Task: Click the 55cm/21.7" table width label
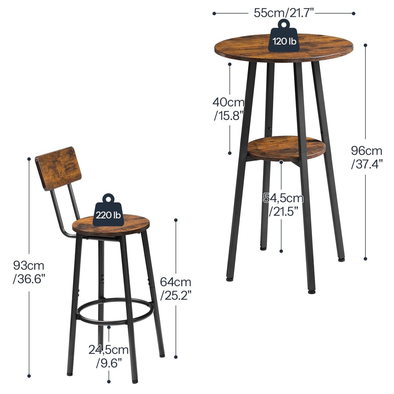pyautogui.click(x=284, y=13)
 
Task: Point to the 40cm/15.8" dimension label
pyautogui.click(x=229, y=109)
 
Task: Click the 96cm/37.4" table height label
pyautogui.click(x=367, y=157)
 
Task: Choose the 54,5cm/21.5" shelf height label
pyautogui.click(x=283, y=204)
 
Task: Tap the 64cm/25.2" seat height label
pyautogui.click(x=176, y=289)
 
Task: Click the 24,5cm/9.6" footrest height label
pyautogui.click(x=109, y=356)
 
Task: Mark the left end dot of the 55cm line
pyautogui.click(x=214, y=13)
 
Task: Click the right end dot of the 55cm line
pyautogui.click(x=353, y=13)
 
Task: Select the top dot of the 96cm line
pyautogui.click(x=365, y=45)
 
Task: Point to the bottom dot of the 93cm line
pyautogui.click(x=29, y=376)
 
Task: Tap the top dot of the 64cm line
pyautogui.click(x=176, y=220)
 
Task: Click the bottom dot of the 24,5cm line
pyautogui.click(x=109, y=382)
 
